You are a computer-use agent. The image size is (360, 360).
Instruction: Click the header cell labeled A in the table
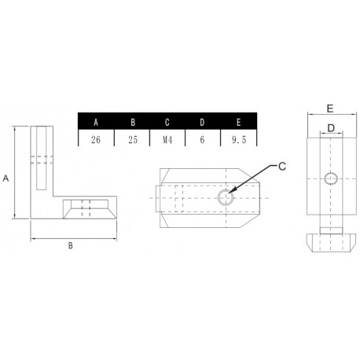[x=97, y=122]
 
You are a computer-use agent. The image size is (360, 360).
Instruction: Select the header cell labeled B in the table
[x=132, y=122]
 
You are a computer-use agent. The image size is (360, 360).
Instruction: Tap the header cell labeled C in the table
[x=167, y=122]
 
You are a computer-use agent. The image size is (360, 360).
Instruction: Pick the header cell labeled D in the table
[x=202, y=122]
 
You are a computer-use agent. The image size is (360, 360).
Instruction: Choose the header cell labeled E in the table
[x=237, y=122]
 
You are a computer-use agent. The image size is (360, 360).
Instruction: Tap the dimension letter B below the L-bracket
[x=70, y=246]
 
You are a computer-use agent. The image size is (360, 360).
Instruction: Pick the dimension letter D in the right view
[x=330, y=127]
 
